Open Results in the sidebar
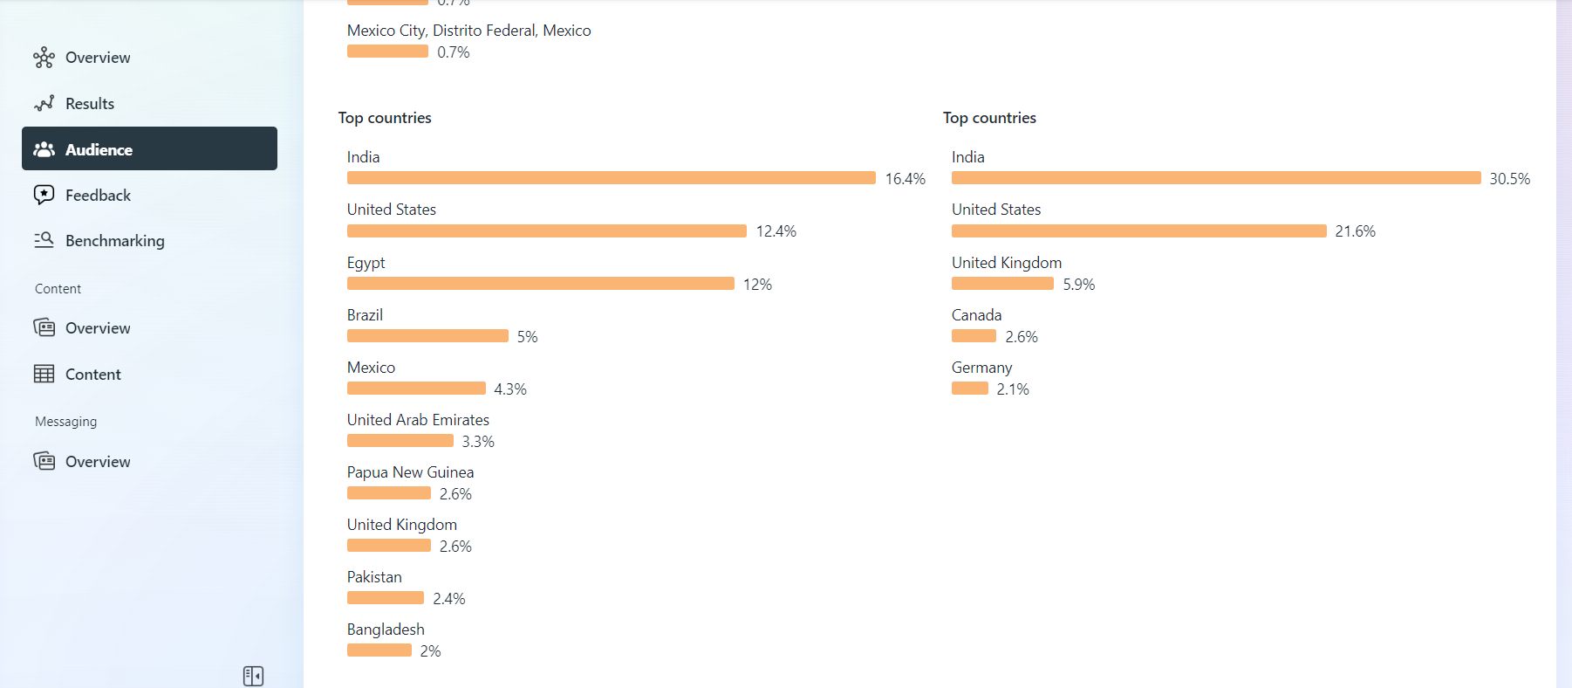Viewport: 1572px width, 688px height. pos(89,104)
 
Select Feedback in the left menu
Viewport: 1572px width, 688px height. pos(98,196)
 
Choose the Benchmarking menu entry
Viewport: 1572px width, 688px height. pos(114,241)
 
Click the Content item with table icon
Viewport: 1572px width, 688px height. pos(92,375)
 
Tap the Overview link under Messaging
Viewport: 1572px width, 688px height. pos(98,462)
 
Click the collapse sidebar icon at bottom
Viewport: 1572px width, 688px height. pos(253,676)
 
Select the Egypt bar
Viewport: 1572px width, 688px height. pos(540,284)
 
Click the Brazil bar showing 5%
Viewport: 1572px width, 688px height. pos(427,336)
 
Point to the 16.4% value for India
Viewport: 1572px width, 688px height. pos(905,179)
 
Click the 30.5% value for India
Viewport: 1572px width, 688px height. pos(1509,179)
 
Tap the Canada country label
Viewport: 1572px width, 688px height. pos(976,315)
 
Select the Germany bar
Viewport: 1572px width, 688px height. pos(969,389)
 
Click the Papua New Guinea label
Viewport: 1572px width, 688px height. pos(410,472)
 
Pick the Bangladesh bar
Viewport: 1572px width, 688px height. pos(379,650)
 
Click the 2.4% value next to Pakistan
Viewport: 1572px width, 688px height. pos(448,599)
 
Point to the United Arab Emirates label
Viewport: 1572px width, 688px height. pos(418,420)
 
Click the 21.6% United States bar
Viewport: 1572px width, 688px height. pos(1138,231)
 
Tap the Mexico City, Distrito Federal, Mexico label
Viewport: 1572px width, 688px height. pos(468,31)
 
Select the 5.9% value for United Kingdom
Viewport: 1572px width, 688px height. pos(1078,285)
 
